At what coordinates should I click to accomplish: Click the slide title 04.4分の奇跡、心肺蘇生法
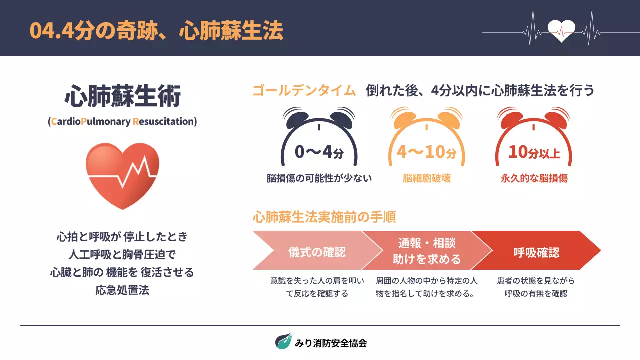[156, 31]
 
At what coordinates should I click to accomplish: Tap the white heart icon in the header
[561, 31]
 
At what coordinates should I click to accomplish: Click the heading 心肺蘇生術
[122, 96]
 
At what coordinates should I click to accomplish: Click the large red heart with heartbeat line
[122, 175]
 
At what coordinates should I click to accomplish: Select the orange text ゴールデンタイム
[304, 91]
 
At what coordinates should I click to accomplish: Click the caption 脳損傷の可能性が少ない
[319, 178]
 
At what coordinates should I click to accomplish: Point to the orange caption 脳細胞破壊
[427, 178]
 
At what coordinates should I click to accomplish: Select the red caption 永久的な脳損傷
[534, 178]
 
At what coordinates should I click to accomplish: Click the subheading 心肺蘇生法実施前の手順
[324, 217]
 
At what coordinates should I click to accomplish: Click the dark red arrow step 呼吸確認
[536, 252]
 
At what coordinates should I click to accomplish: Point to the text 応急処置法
[122, 291]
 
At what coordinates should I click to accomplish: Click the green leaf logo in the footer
[283, 341]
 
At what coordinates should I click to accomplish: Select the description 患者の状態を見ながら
[536, 281]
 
